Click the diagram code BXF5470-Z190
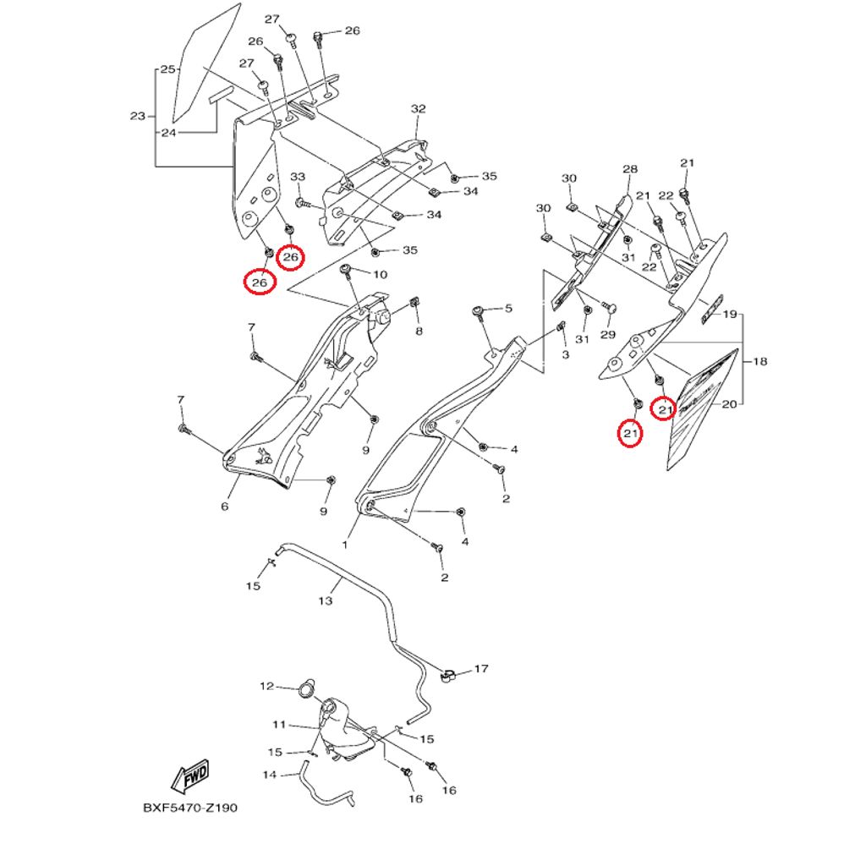coord(190,808)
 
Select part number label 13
coord(326,601)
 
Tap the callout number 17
coord(481,669)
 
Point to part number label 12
coord(267,686)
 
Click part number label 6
coord(225,507)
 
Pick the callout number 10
coord(380,275)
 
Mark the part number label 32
coord(419,109)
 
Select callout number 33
coord(298,177)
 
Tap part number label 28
coord(629,169)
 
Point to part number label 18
coord(759,362)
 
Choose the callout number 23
coord(138,116)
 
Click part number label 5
coord(508,309)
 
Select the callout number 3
coord(565,355)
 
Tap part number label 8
coord(419,332)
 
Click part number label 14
coord(270,774)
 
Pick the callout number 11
coord(279,725)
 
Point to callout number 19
coord(730,314)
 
